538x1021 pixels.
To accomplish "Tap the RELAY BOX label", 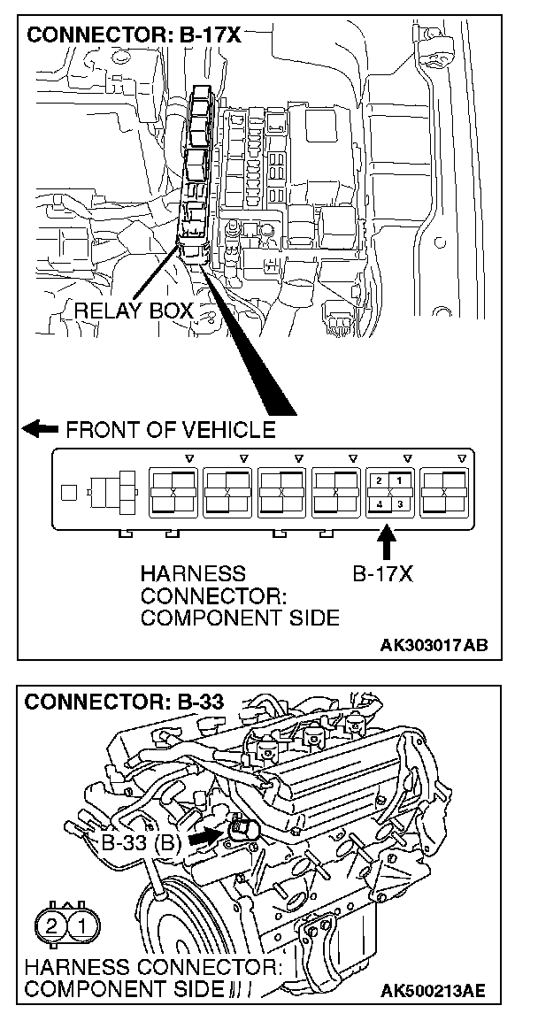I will coord(134,311).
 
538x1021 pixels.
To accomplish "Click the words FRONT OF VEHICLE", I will coord(171,431).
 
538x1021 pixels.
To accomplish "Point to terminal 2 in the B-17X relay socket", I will coord(379,480).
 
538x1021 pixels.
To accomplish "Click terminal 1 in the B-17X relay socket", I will coord(399,480).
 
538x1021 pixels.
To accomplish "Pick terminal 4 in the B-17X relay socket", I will coord(379,503).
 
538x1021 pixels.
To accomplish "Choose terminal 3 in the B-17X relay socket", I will coord(399,503).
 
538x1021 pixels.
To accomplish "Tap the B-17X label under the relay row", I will coord(383,574).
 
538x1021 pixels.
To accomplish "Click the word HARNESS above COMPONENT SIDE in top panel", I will coord(192,574).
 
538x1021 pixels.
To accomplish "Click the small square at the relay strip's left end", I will coord(67,490).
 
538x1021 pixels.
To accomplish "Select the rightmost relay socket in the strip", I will coord(446,491).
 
